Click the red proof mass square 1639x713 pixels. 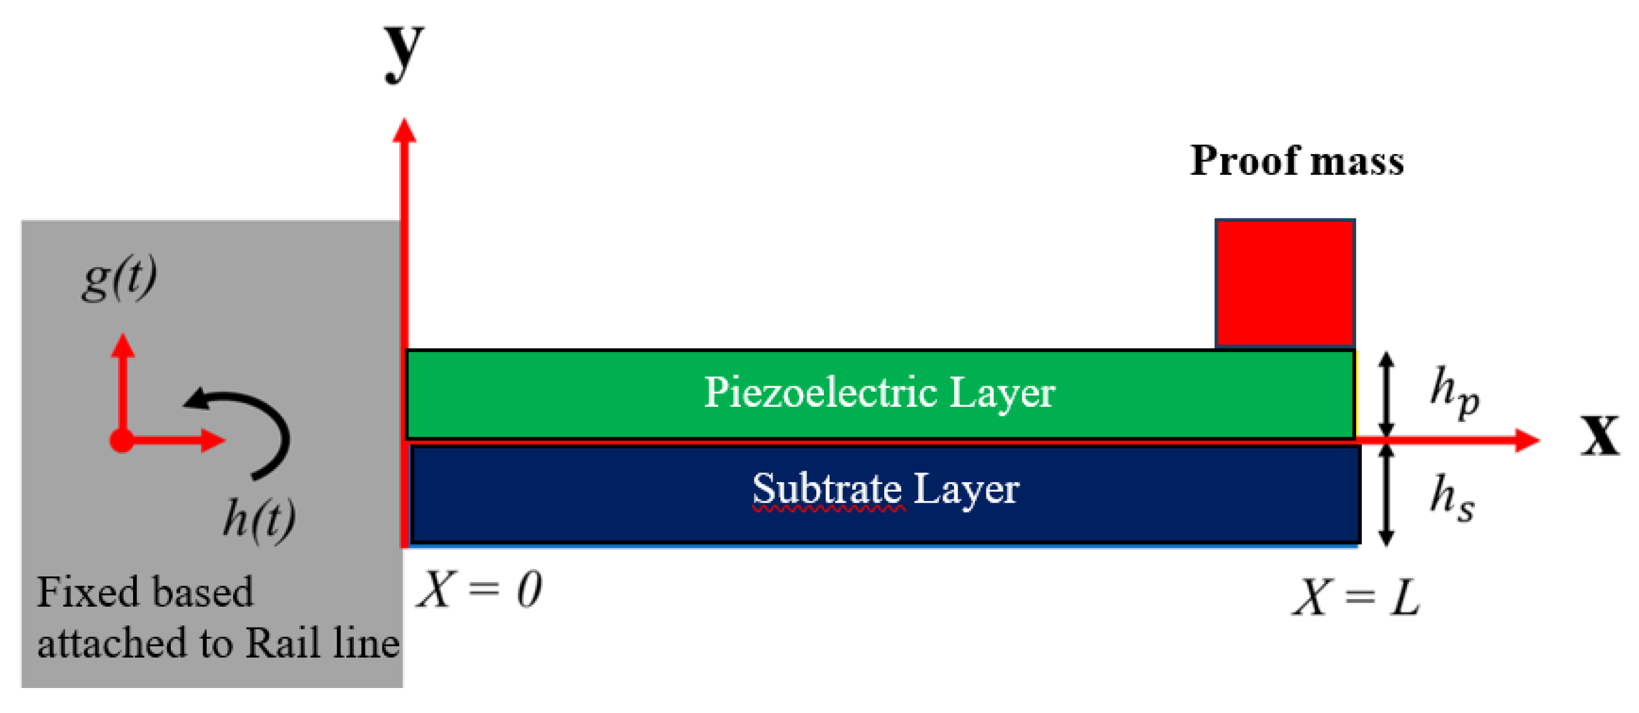1285,284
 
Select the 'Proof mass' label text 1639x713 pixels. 1297,160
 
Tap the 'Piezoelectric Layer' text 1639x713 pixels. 879,392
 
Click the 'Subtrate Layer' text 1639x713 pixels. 885,489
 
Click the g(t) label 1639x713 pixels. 120,278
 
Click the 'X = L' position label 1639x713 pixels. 1356,598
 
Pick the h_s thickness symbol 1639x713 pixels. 1452,498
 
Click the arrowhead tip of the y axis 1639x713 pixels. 404,122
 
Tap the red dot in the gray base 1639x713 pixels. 121,440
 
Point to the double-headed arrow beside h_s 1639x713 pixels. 1386,495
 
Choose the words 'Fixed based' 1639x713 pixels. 145,592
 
